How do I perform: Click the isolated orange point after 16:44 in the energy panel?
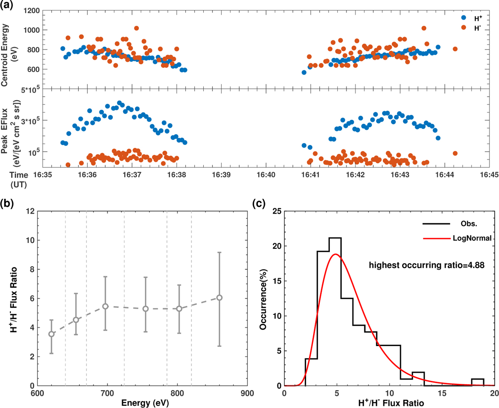pos(455,49)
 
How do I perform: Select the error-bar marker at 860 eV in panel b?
pos(219,298)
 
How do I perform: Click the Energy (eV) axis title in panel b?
pos(141,403)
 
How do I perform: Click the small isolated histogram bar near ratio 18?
pos(477,382)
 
